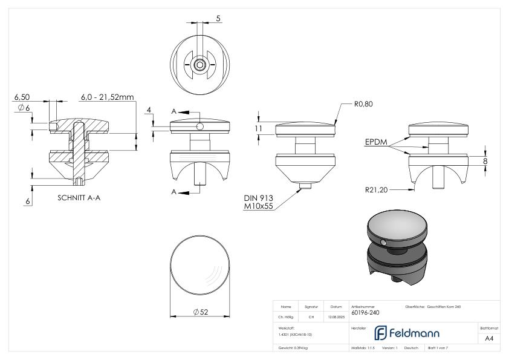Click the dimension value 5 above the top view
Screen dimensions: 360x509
[218, 19]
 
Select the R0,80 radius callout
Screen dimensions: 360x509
[363, 104]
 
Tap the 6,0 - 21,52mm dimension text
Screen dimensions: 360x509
[108, 97]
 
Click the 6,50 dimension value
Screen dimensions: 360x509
[22, 97]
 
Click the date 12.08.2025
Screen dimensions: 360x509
[336, 316]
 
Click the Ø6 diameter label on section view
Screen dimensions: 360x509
[22, 107]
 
